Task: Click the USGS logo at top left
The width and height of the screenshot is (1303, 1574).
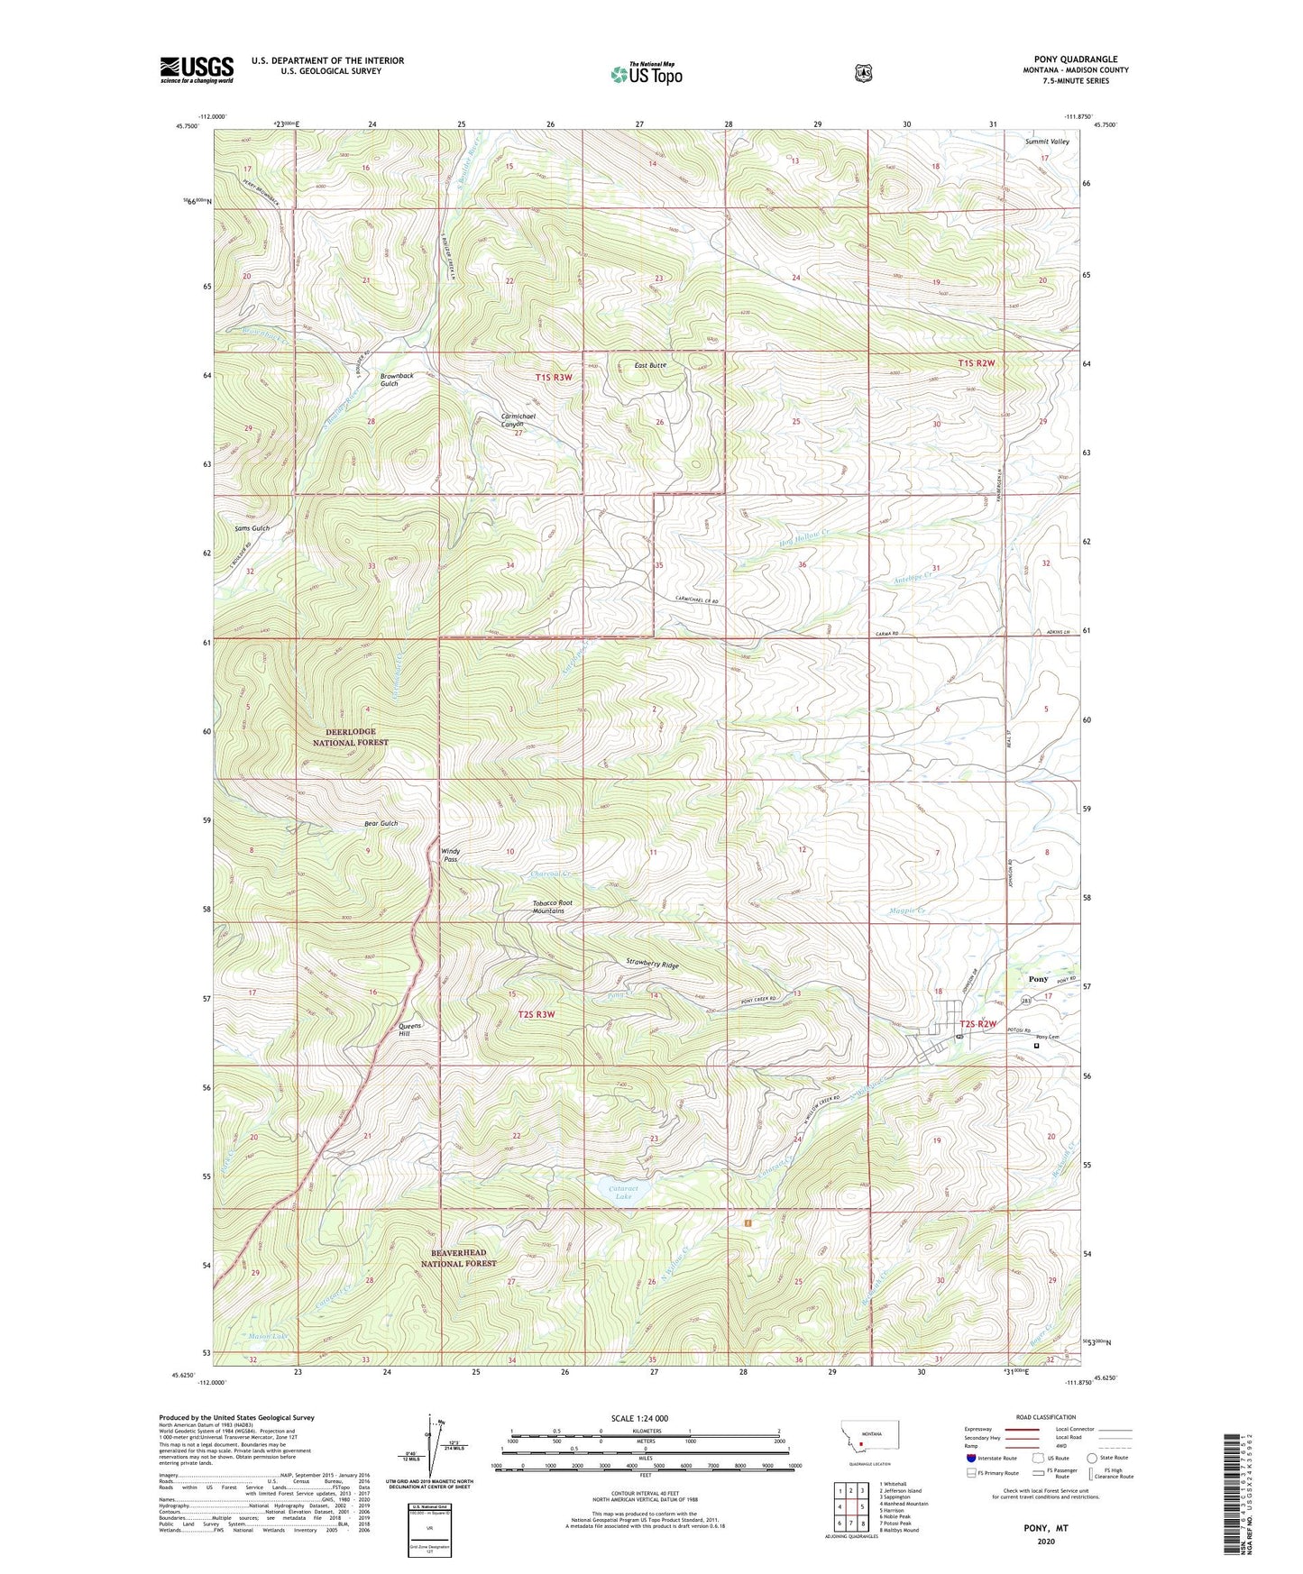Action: point(197,69)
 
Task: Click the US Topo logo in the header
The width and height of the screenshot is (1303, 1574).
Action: point(646,74)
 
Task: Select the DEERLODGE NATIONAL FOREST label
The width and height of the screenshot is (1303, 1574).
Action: point(350,737)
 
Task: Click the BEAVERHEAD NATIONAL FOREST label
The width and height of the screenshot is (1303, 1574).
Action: point(458,1258)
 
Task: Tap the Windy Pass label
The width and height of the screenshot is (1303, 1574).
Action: point(450,855)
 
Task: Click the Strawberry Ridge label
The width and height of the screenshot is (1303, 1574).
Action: point(652,963)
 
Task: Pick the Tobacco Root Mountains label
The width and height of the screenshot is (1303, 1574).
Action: point(553,906)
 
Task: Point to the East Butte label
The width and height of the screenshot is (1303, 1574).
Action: point(649,365)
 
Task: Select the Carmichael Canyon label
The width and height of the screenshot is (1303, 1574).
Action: point(518,420)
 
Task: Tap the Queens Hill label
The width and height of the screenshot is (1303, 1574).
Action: point(410,1030)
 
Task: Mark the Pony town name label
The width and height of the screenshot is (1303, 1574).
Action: point(1038,979)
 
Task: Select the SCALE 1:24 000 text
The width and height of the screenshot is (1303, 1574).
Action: point(639,1418)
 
